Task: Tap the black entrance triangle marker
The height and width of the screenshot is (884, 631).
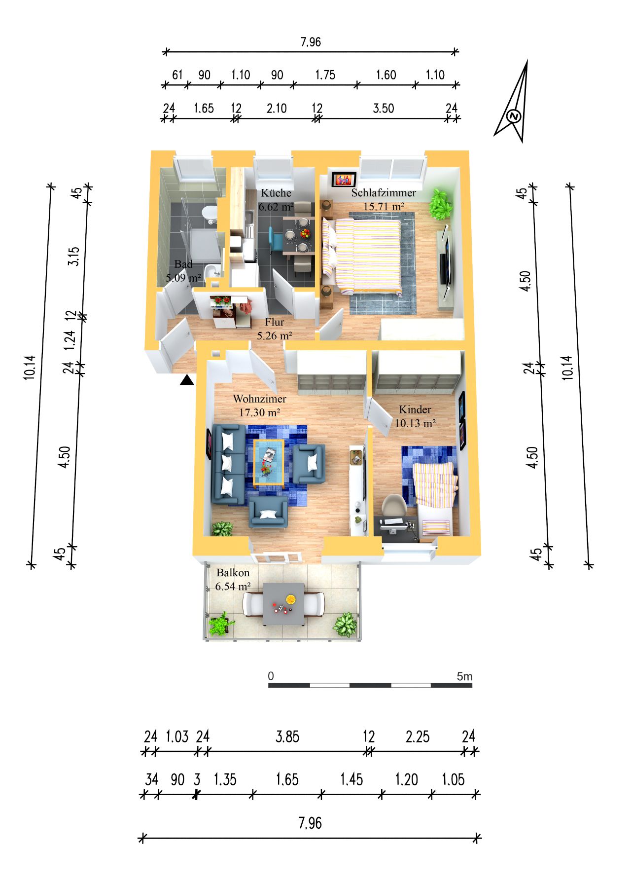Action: click(187, 380)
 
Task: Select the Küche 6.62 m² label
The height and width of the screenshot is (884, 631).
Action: click(276, 199)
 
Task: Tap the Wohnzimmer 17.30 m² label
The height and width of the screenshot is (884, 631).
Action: click(260, 405)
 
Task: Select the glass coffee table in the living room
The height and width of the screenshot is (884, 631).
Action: click(269, 463)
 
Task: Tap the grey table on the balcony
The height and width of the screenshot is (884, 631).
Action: click(283, 604)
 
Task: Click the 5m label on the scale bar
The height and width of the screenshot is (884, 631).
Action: click(464, 676)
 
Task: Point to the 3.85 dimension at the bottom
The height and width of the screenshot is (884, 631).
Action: click(287, 737)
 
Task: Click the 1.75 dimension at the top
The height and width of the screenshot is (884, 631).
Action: click(325, 74)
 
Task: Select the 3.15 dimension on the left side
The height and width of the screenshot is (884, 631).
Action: click(73, 256)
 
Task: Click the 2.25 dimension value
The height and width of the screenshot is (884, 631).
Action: click(418, 737)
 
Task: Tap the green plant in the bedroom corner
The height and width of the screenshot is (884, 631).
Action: click(440, 204)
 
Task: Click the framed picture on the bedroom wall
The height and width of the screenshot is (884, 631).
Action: click(344, 179)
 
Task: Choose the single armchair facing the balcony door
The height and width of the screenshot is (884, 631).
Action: click(268, 512)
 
